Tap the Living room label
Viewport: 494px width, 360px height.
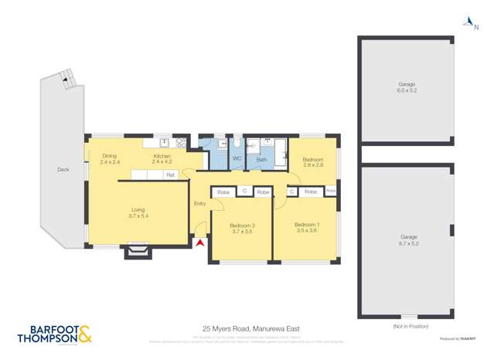pos(138,213)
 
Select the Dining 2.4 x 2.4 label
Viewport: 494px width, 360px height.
pos(110,159)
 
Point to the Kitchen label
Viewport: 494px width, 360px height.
pos(162,159)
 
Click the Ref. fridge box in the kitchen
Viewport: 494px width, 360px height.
pos(170,175)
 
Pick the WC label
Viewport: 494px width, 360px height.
pos(237,159)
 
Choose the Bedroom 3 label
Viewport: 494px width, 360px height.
pos(242,229)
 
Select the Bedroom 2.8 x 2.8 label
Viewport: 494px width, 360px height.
pos(312,161)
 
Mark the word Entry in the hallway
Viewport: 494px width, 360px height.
pos(199,203)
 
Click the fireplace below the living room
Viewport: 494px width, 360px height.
pos(138,251)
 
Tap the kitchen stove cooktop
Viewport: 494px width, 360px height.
pos(181,143)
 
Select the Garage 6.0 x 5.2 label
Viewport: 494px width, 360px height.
pos(407,87)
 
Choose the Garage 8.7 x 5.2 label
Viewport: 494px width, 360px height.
pos(407,240)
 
